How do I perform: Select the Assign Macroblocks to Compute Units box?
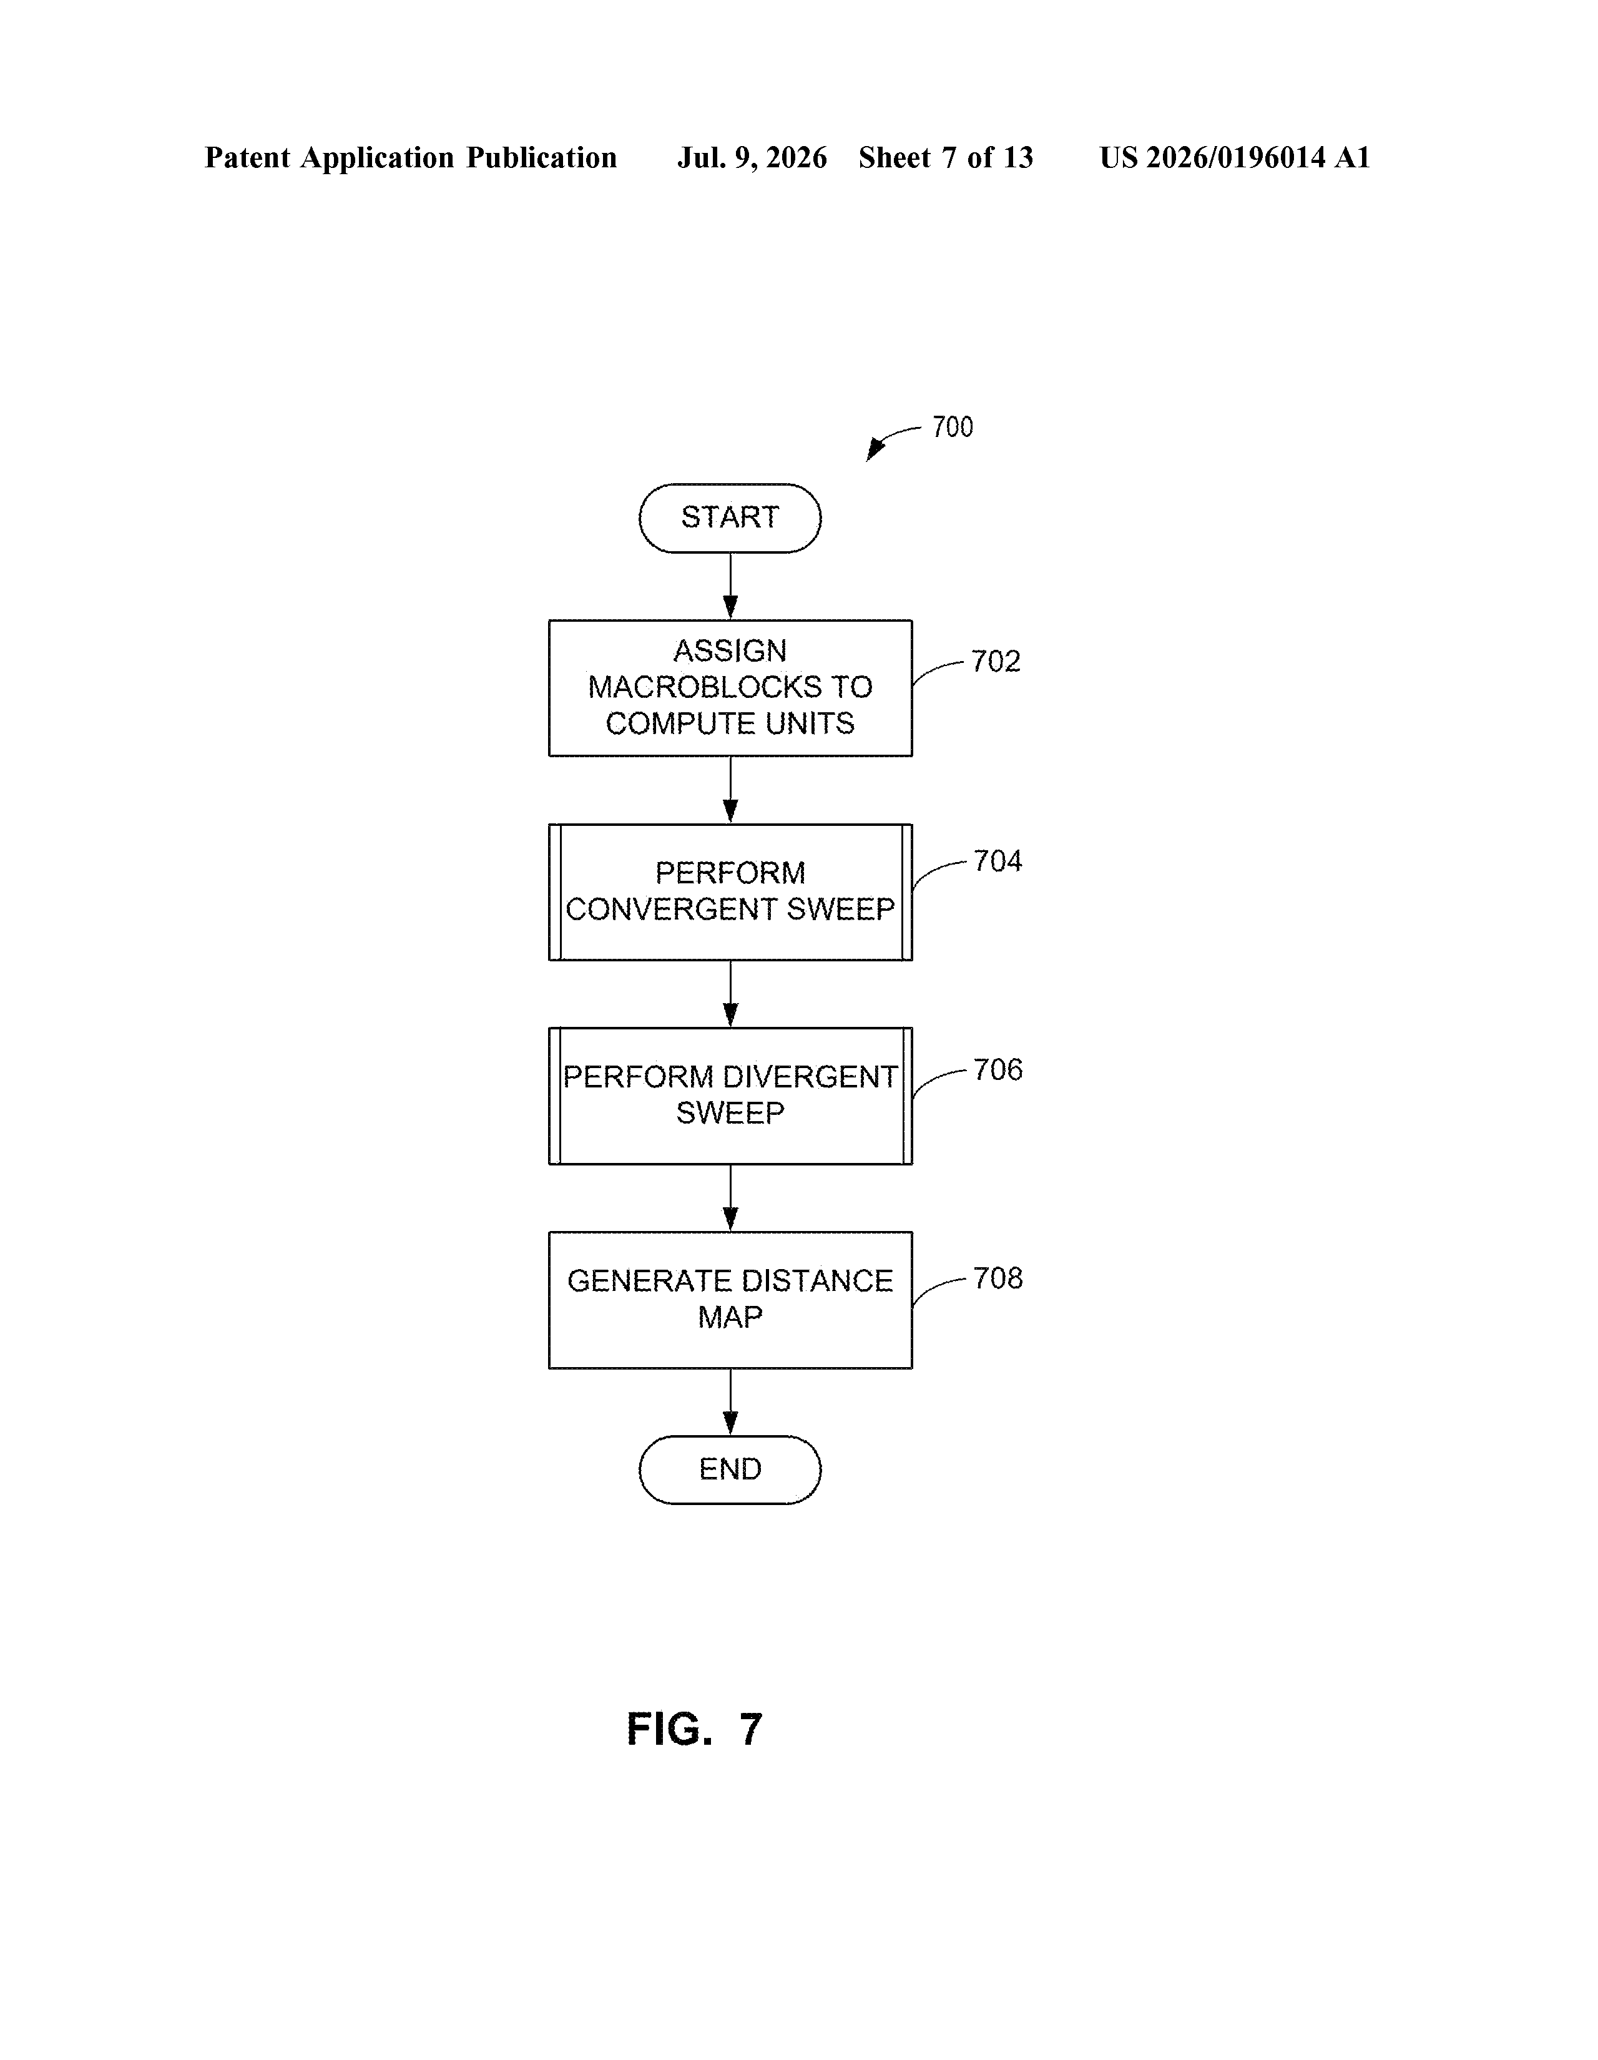730,688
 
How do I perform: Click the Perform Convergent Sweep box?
730,891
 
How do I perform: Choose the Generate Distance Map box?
730,1300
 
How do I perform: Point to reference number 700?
952,427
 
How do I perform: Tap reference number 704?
997,861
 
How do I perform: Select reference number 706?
997,1069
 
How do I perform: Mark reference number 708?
997,1278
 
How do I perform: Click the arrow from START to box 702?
730,586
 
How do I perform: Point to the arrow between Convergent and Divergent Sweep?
730,994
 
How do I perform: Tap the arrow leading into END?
730,1401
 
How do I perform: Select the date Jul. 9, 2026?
752,157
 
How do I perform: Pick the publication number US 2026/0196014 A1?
1235,157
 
